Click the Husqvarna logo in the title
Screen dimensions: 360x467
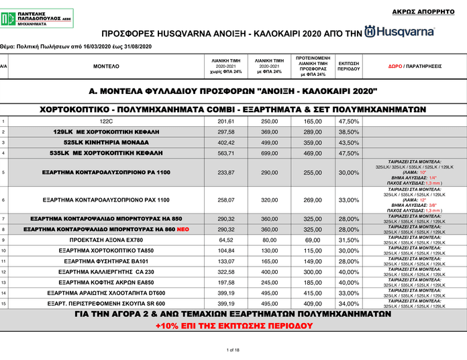(x=399, y=32)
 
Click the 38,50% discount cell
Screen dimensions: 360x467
(x=348, y=132)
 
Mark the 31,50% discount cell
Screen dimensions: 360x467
(x=348, y=240)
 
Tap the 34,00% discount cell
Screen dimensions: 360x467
(x=348, y=304)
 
